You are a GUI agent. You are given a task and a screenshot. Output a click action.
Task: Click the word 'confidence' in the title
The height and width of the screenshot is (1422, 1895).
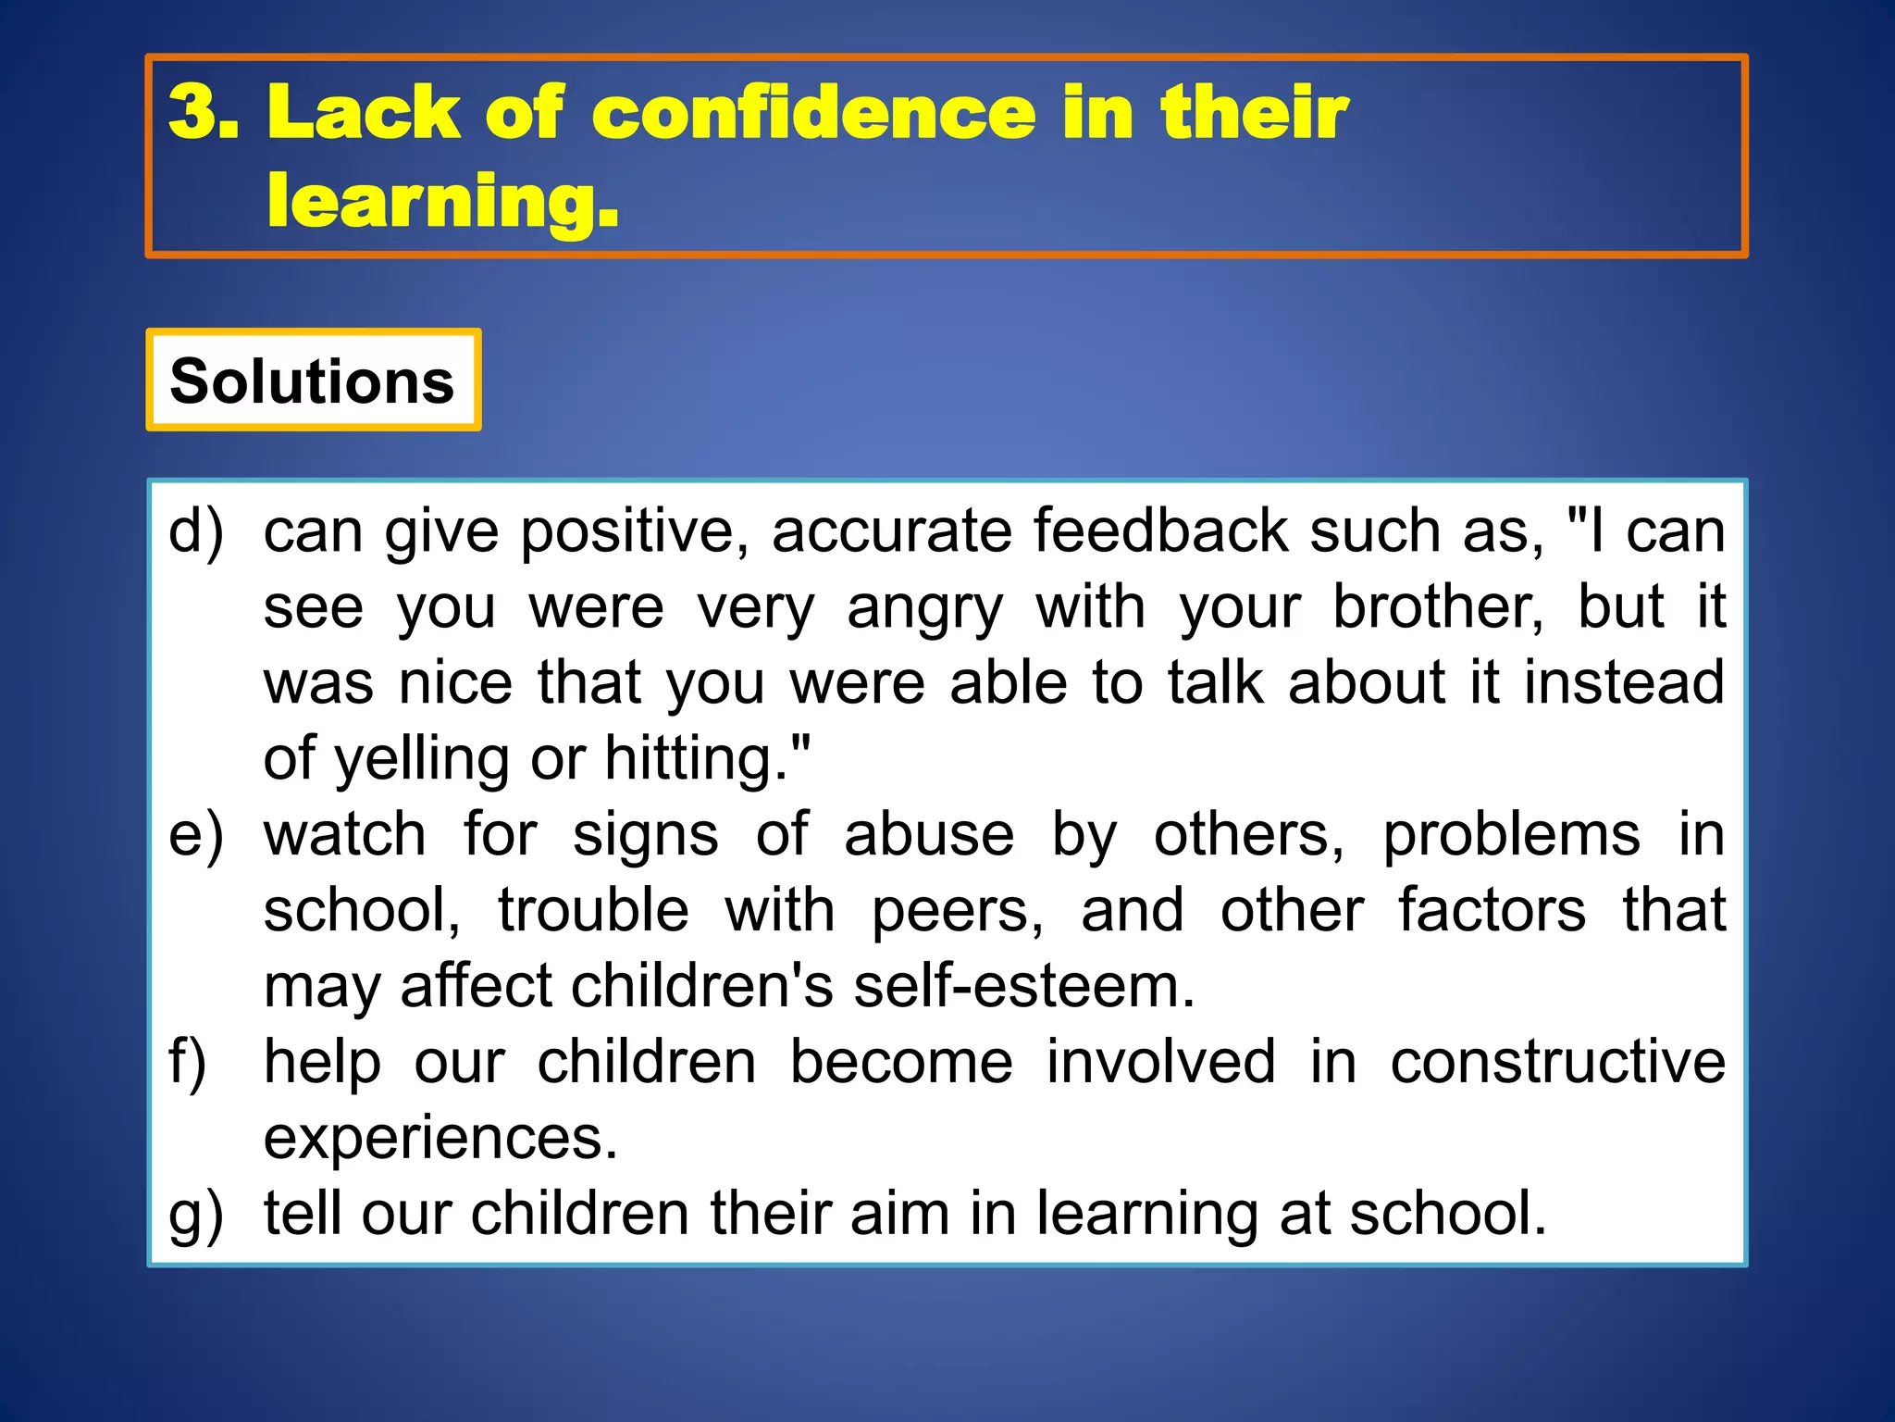pos(813,113)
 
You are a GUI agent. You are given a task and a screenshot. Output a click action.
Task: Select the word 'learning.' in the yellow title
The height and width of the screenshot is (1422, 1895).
pos(442,202)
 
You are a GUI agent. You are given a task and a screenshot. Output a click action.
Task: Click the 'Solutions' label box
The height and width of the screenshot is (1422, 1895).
pos(313,380)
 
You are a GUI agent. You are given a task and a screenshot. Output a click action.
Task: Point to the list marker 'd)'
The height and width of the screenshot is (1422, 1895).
pos(196,532)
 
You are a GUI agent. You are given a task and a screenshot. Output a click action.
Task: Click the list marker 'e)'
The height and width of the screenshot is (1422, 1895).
pos(196,835)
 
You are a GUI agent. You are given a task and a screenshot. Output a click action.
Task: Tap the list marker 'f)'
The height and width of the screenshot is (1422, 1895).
pos(188,1063)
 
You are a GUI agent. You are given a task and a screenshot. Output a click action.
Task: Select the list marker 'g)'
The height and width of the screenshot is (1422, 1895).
pos(196,1215)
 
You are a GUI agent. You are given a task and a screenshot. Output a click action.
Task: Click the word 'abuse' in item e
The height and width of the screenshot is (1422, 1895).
pos(929,835)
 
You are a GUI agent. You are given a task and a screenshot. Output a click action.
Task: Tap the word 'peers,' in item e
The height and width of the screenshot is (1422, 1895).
pos(958,911)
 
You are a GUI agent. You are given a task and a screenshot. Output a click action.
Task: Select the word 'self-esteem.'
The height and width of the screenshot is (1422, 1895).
pos(1024,987)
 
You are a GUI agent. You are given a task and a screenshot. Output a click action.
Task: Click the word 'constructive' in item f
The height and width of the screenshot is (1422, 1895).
pos(1557,1063)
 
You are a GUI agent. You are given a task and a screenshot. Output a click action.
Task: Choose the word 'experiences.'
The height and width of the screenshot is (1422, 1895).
pos(440,1139)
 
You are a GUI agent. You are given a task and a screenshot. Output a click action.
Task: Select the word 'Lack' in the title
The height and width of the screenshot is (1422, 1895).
pos(363,113)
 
